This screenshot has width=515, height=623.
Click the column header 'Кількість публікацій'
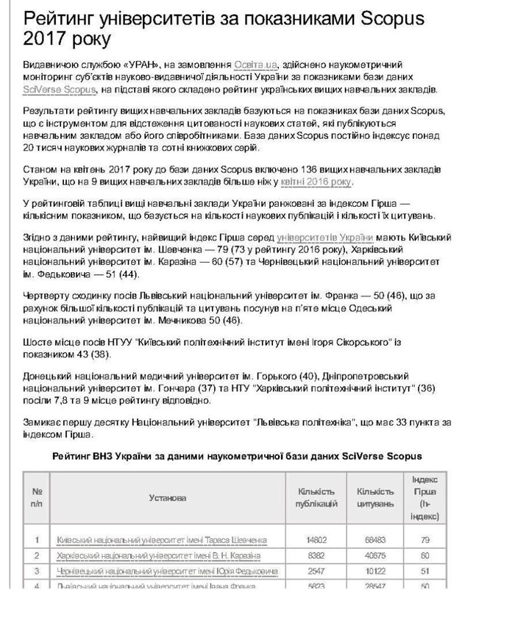317,498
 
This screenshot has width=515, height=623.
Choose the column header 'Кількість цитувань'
375,498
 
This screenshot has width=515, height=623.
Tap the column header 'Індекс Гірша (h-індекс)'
425,498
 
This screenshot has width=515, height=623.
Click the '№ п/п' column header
37,498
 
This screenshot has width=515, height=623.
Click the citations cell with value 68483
375,540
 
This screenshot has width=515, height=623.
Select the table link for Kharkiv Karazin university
158,555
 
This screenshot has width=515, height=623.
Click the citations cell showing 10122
375,571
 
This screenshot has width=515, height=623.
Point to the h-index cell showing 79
425,540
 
